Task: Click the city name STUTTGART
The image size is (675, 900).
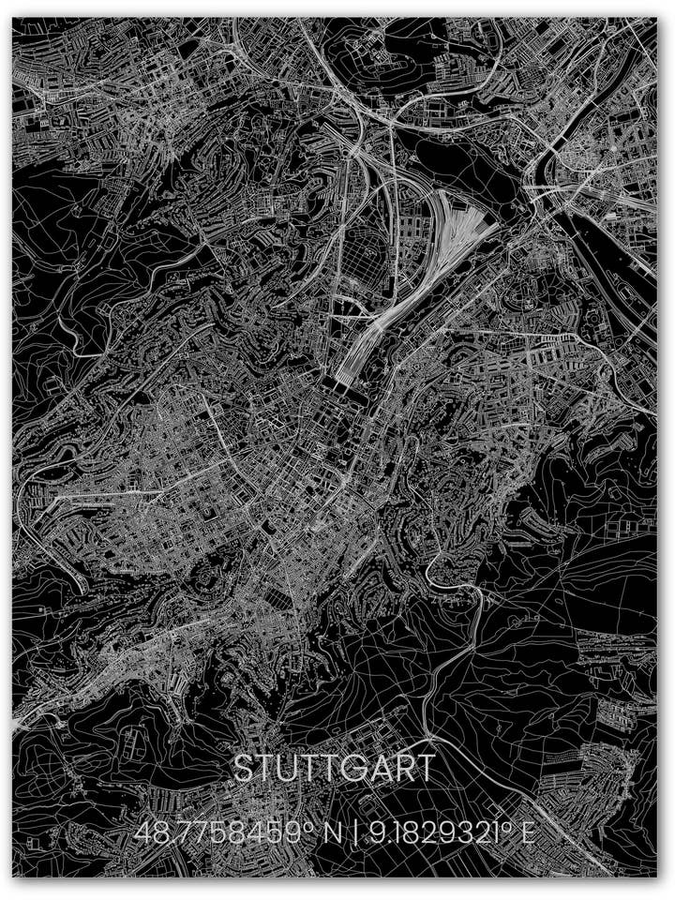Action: tap(334, 769)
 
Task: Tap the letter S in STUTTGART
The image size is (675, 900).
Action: tap(242, 769)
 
